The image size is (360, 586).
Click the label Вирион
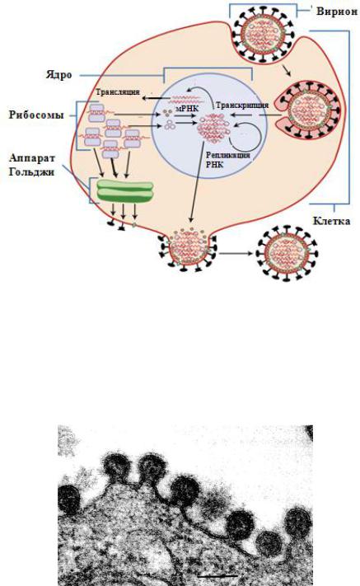(336, 11)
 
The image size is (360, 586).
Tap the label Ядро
(59, 75)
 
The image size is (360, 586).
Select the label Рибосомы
(36, 115)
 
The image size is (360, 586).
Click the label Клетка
(331, 221)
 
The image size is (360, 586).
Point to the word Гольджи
(32, 172)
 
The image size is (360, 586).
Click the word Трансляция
(118, 92)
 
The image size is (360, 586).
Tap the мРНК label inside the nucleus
(187, 108)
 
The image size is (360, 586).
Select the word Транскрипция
(242, 105)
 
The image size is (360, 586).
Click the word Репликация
(228, 155)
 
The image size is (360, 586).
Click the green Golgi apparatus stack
(124, 191)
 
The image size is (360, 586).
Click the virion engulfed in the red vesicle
(308, 110)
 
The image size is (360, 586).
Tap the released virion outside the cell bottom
(287, 253)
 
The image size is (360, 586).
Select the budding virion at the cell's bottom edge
(189, 248)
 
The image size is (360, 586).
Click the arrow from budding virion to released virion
(236, 254)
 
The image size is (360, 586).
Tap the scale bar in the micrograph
(217, 575)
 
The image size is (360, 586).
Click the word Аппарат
(32, 158)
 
